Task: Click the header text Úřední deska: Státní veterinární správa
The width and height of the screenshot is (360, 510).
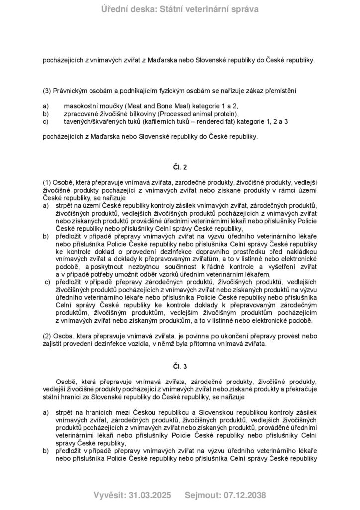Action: click(x=180, y=9)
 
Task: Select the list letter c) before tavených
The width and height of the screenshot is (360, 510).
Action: click(x=46, y=121)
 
